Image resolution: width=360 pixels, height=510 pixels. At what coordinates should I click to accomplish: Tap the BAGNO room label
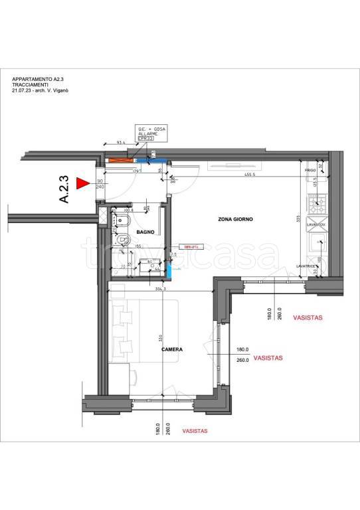coord(146,232)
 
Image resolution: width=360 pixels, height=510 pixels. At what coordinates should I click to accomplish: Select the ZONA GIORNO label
coord(235,218)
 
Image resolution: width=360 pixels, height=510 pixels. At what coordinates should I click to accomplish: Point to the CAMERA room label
coord(171,348)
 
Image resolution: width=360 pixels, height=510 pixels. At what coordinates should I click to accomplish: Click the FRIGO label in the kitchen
coord(310,170)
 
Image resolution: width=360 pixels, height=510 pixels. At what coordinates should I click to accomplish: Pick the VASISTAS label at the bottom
coord(195,431)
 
